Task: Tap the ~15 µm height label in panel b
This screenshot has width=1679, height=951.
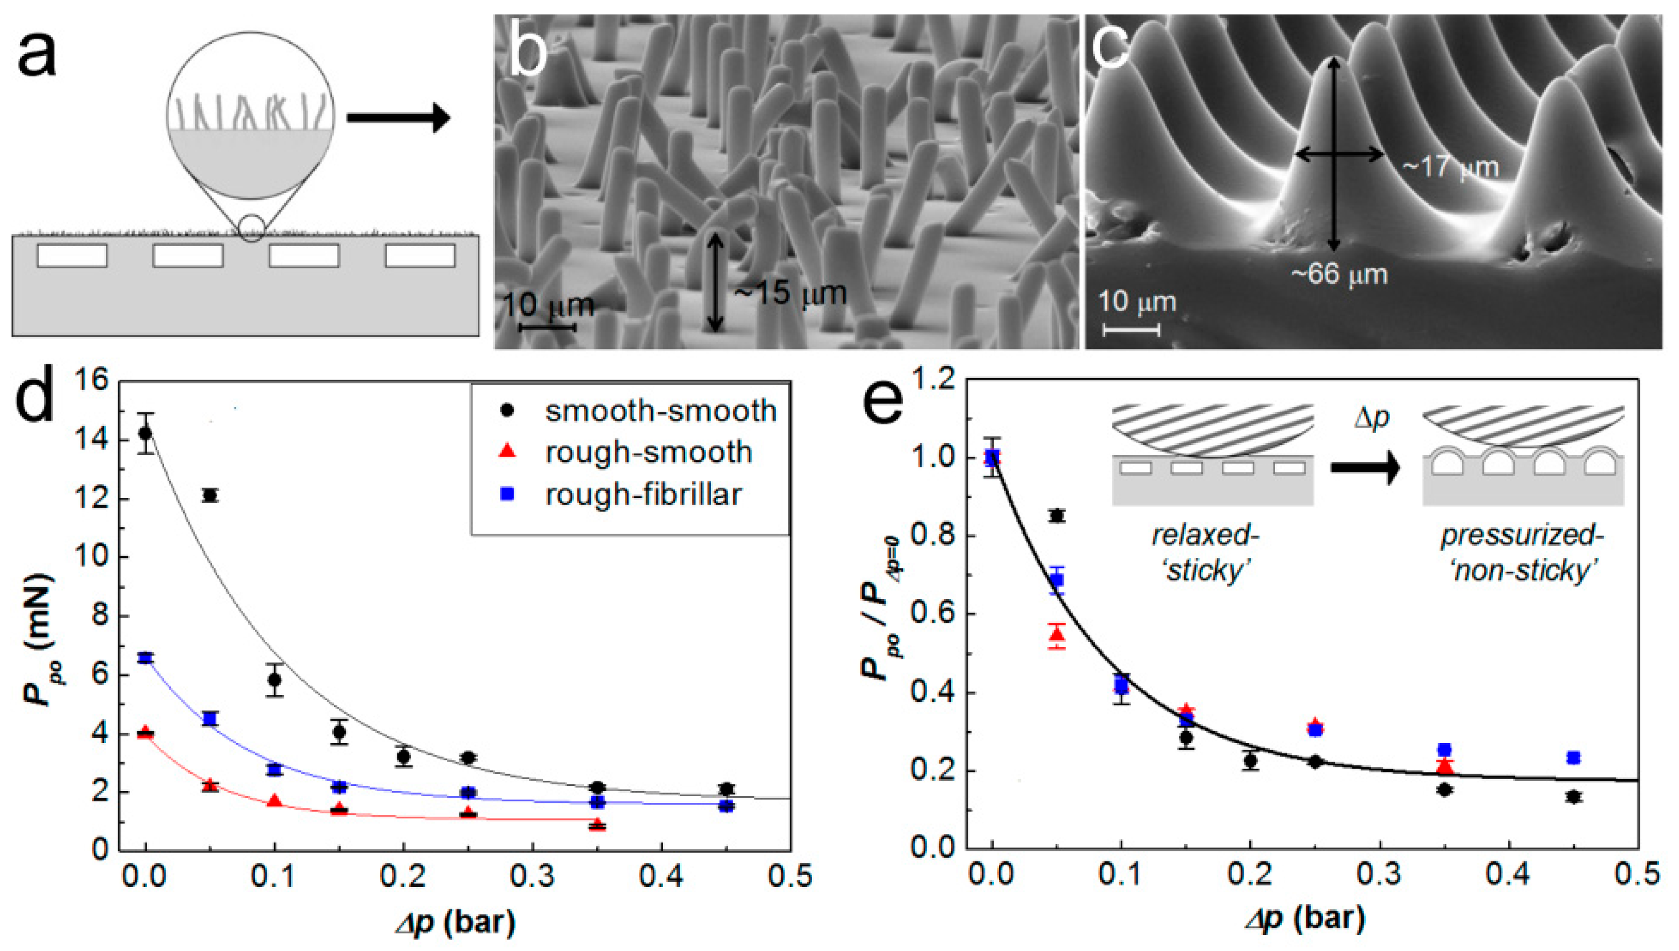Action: click(790, 293)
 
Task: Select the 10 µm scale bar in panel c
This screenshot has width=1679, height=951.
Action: click(1131, 330)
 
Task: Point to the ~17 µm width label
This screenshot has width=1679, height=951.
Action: click(1450, 168)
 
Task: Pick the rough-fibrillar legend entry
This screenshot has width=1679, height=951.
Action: click(643, 494)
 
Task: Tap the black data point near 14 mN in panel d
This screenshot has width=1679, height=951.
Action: click(146, 433)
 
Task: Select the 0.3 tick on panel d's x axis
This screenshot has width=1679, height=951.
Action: click(532, 877)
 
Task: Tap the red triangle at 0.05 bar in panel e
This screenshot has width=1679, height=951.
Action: click(1057, 634)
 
